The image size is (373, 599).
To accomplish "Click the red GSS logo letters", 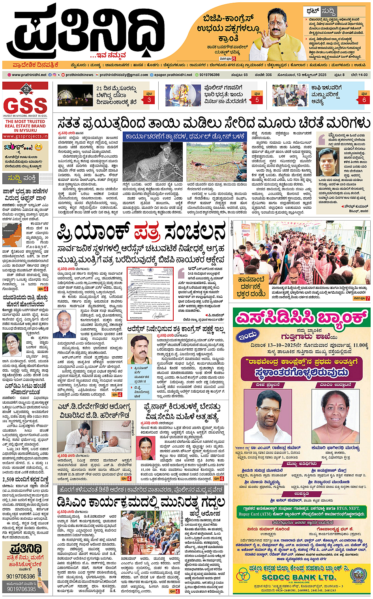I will pyautogui.click(x=25, y=105).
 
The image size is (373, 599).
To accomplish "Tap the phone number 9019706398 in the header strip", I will pyautogui.click(x=209, y=75).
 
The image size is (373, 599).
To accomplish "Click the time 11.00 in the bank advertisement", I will pyautogui.click(x=361, y=345).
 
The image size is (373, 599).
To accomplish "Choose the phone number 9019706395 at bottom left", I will pyautogui.click(x=21, y=589).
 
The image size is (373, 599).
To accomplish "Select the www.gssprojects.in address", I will pyautogui.click(x=25, y=136).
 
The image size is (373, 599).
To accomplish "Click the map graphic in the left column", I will pyautogui.click(x=12, y=234).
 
